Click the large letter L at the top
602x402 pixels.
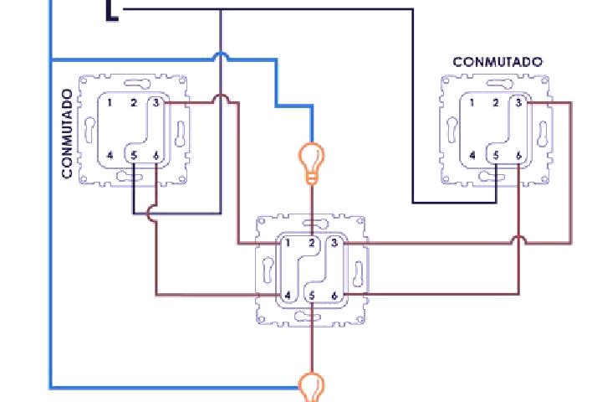point(112,11)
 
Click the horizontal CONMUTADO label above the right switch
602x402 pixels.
point(497,62)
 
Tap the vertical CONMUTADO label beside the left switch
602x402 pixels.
point(67,133)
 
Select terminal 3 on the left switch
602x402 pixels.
point(156,103)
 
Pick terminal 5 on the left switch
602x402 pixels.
point(134,156)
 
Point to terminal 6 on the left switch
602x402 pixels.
point(156,156)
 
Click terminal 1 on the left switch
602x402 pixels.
point(110,103)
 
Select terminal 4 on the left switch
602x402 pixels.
point(110,156)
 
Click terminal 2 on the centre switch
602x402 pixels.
point(312,243)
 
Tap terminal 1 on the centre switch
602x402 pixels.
point(288,243)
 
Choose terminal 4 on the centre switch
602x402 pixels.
point(288,296)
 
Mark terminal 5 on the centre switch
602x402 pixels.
point(312,296)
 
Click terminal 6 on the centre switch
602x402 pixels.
point(334,296)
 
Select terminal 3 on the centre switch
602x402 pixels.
point(334,243)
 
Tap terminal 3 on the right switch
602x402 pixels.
point(518,103)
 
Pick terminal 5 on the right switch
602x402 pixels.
point(496,156)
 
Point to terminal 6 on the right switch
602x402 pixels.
point(518,156)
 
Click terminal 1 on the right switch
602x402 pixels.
point(472,103)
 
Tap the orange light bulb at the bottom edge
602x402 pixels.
point(312,387)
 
